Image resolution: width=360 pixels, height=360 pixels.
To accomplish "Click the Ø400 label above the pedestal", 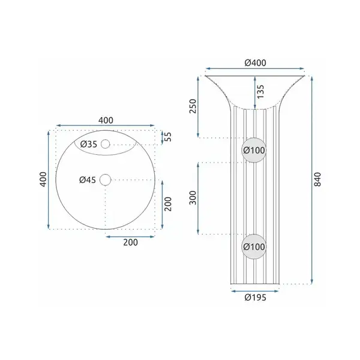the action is [x=255, y=62].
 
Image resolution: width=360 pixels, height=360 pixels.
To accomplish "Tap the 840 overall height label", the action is [x=317, y=179].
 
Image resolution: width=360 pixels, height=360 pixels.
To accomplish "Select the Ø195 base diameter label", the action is [x=256, y=298].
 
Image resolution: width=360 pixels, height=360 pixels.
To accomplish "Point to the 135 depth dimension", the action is [x=260, y=92].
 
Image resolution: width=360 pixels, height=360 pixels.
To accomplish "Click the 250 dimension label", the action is [x=193, y=106].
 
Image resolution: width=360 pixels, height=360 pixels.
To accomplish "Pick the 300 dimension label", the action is [x=193, y=197].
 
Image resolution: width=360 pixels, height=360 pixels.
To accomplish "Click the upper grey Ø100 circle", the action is [x=254, y=150].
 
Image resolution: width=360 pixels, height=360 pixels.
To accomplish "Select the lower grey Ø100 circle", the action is [x=254, y=247].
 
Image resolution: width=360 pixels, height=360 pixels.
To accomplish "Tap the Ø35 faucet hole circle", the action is [x=106, y=144].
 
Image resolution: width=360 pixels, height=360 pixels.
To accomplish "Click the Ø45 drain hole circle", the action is [x=106, y=180].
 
